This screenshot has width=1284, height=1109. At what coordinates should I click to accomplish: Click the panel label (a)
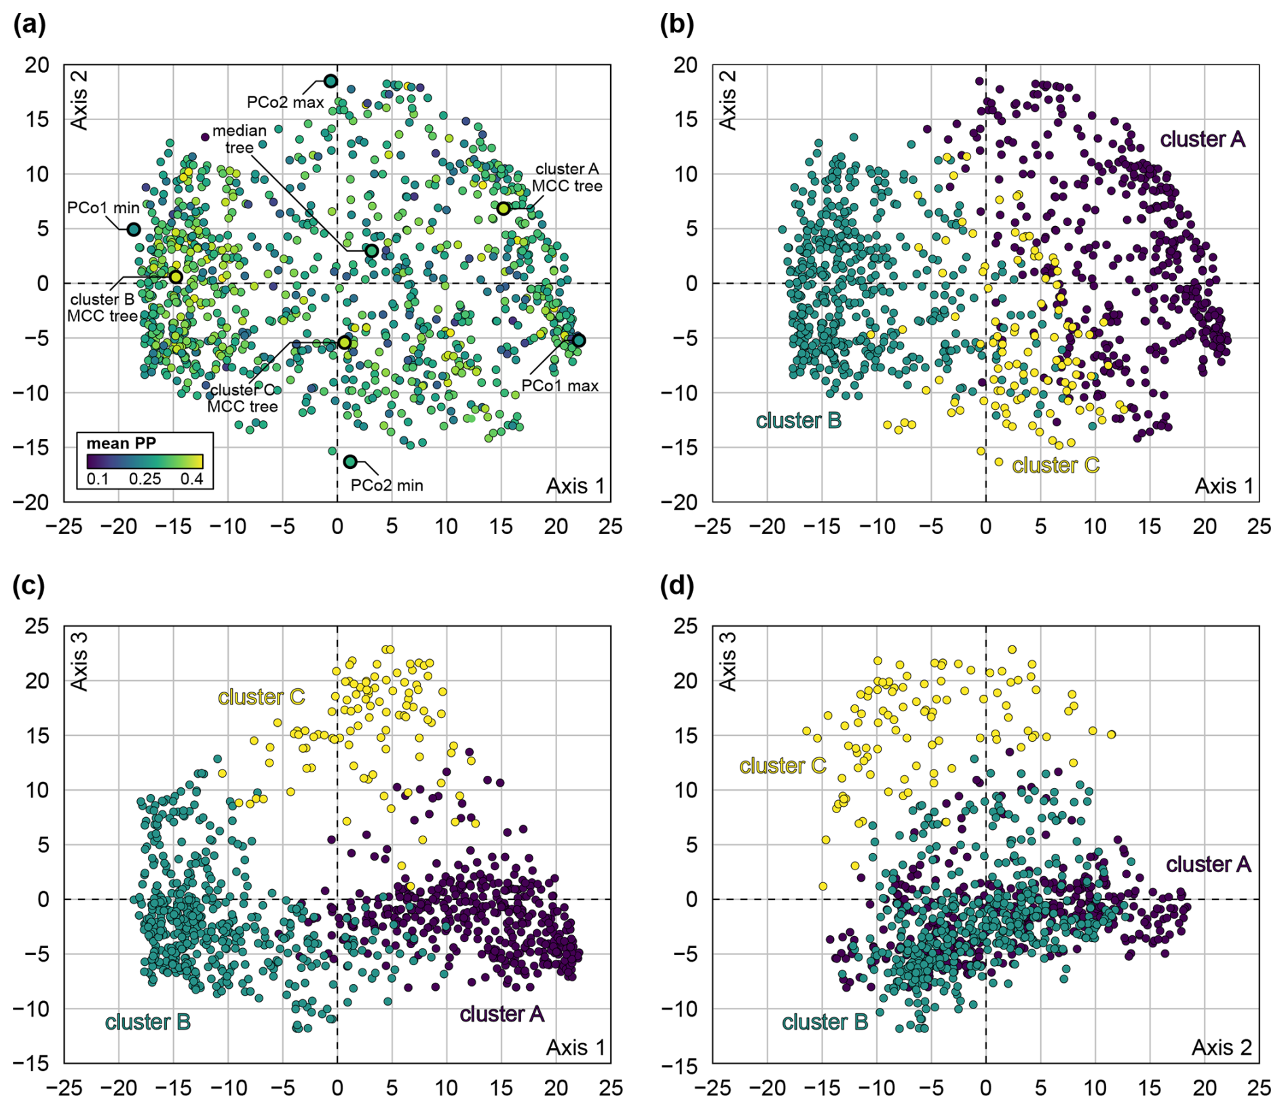[x=30, y=25]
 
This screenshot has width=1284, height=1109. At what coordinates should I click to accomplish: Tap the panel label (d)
[x=677, y=586]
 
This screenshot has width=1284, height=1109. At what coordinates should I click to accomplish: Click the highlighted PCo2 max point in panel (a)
[x=331, y=81]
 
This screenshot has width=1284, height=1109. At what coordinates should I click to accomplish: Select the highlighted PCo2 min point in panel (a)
[x=350, y=462]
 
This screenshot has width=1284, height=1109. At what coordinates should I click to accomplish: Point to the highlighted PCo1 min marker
[x=134, y=229]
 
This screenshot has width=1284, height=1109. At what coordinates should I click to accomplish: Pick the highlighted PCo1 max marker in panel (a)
[x=578, y=341]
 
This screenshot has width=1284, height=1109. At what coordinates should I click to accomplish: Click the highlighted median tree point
[x=372, y=251]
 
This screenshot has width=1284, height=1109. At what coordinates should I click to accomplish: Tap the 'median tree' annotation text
[x=239, y=138]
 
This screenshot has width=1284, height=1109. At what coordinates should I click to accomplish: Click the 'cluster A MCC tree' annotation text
[x=567, y=177]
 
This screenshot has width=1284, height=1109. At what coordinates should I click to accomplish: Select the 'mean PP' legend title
[x=121, y=443]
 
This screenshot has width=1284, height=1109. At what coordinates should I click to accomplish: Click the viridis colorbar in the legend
[x=145, y=462]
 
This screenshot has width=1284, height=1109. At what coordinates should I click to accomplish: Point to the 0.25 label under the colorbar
[x=145, y=479]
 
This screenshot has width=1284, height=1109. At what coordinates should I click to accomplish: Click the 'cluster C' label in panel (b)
[x=1055, y=466]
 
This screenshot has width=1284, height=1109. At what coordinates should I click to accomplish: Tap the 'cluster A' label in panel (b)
[x=1202, y=139]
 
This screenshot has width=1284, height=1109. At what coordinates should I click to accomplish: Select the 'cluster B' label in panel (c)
[x=147, y=1022]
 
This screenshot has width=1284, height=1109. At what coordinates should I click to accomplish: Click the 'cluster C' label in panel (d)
[x=782, y=766]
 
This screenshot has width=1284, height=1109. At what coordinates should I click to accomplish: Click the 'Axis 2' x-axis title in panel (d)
[x=1222, y=1047]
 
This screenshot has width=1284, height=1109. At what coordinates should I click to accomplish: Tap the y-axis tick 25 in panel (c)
[x=37, y=626]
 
